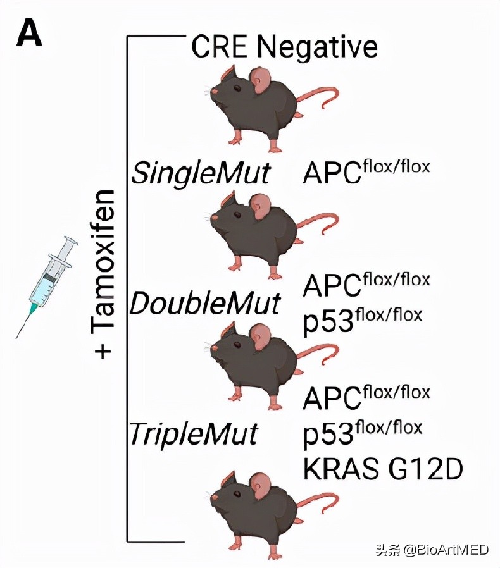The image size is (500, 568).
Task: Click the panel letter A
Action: [x=30, y=33]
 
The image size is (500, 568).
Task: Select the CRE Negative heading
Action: [x=285, y=47]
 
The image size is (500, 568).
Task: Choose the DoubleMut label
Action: [x=204, y=304]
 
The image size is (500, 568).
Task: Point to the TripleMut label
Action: [x=194, y=434]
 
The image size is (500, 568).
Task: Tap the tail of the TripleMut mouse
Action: [x=320, y=500]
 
